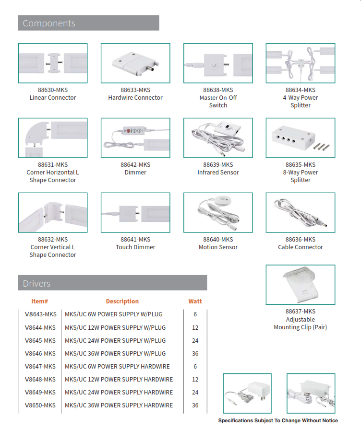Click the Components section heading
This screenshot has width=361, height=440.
[x=49, y=23]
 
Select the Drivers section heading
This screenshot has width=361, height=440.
[x=36, y=283]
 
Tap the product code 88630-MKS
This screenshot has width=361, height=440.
[x=53, y=90]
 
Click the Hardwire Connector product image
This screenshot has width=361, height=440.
[x=135, y=63]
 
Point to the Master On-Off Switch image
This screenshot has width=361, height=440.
[x=218, y=63]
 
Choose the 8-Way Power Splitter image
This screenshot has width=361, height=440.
[x=301, y=138]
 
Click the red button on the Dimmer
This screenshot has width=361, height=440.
[x=129, y=130]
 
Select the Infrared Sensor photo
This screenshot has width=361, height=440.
[x=218, y=138]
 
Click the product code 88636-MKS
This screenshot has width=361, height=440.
[x=301, y=239]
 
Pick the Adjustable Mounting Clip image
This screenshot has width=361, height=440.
[x=301, y=285]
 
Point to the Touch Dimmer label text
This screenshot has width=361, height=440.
[x=135, y=247]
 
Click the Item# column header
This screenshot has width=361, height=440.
[x=39, y=301]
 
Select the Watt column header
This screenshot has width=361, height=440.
[x=195, y=301]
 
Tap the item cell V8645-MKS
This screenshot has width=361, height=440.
[x=40, y=341]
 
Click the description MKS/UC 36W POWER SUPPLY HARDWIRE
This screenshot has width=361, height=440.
[x=119, y=405]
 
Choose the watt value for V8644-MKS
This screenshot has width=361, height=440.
[x=195, y=328]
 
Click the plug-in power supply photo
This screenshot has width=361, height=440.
[x=247, y=394]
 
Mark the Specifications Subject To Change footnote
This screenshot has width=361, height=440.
[x=278, y=421]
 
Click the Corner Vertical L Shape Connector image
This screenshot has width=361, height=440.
[x=53, y=213]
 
